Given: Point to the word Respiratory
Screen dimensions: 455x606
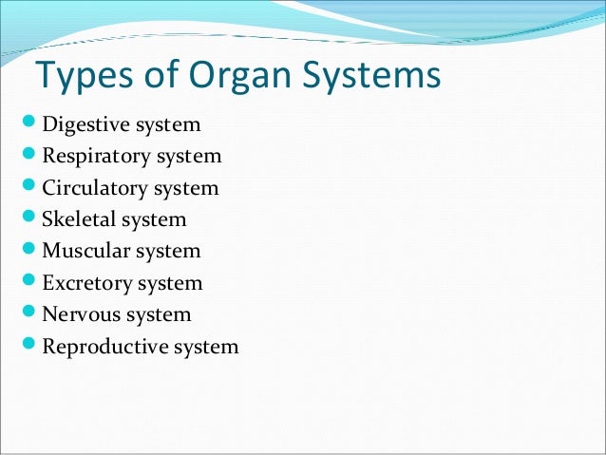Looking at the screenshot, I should [x=95, y=157].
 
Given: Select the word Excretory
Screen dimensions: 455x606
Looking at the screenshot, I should [x=85, y=283].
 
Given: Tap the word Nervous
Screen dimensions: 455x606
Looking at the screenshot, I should [x=80, y=314].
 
